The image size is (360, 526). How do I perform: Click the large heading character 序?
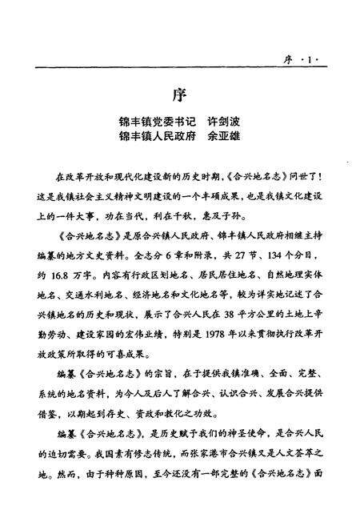[180, 94]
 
